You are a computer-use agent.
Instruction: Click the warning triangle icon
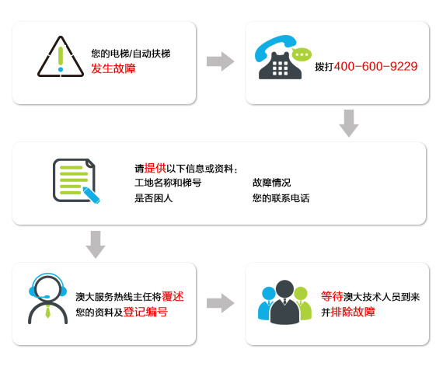click(x=61, y=57)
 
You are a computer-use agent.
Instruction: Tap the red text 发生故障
click(x=113, y=68)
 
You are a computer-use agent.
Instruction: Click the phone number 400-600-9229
click(x=375, y=66)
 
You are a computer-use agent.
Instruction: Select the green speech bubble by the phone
click(x=302, y=54)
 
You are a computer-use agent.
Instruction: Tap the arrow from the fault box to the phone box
click(x=221, y=61)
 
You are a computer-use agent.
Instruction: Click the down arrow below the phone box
click(x=349, y=124)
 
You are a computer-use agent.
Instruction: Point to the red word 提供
click(x=155, y=168)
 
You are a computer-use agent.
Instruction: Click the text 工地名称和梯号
click(x=168, y=183)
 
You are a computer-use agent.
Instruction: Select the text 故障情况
click(x=271, y=183)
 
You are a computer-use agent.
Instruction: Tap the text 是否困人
click(x=153, y=198)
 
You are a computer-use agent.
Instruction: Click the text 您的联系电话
click(x=281, y=198)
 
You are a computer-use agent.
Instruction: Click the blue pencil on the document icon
click(x=91, y=194)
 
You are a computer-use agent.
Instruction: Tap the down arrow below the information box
click(x=96, y=245)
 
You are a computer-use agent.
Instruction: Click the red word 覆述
click(x=173, y=296)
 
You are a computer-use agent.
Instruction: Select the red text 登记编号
click(x=145, y=312)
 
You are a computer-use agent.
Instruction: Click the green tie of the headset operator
click(x=47, y=312)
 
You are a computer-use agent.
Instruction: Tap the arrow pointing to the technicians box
click(x=221, y=303)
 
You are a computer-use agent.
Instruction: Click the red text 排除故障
click(x=353, y=312)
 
